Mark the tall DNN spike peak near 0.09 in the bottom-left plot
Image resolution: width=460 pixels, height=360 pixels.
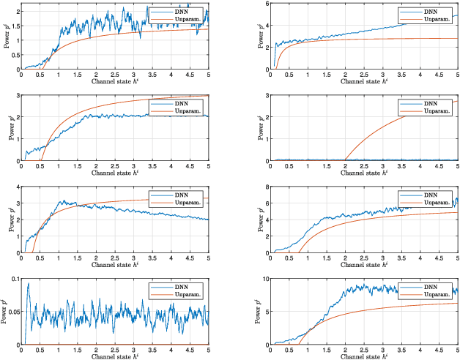point(28,284)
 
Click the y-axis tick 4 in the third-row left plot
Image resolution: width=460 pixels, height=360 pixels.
point(17,187)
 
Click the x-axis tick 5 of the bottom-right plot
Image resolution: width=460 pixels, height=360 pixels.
point(458,349)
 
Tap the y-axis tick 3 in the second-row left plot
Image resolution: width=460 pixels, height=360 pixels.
point(17,96)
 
